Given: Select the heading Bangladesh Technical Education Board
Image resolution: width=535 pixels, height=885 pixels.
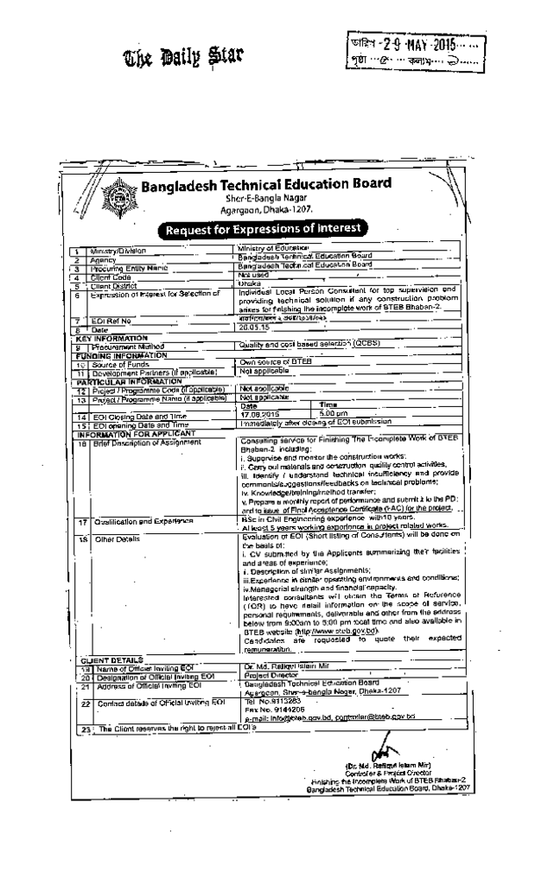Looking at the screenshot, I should tap(266, 184).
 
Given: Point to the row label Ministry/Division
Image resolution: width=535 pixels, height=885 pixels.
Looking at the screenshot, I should tap(119, 250).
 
